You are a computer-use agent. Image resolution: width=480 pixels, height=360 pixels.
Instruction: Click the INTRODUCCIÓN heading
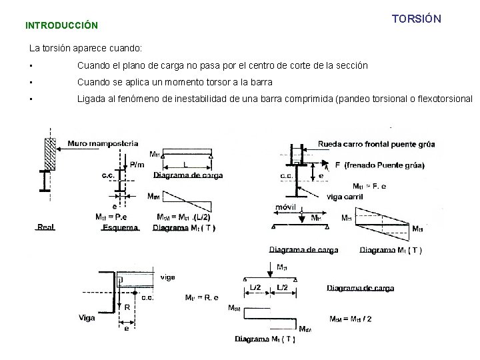pyautogui.click(x=61, y=26)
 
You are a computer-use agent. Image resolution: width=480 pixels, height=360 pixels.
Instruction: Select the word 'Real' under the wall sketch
pyautogui.click(x=46, y=227)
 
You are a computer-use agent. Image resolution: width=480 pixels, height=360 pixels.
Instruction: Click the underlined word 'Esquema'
pyautogui.click(x=120, y=227)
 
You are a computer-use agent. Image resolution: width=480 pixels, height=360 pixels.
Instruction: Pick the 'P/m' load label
pyautogui.click(x=136, y=165)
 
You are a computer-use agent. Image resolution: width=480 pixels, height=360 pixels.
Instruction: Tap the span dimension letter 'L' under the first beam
pyautogui.click(x=185, y=164)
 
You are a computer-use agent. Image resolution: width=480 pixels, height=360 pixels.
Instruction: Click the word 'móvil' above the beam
pyautogui.click(x=285, y=208)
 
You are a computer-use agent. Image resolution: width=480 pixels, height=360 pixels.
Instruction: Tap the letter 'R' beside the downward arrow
pyautogui.click(x=127, y=307)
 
